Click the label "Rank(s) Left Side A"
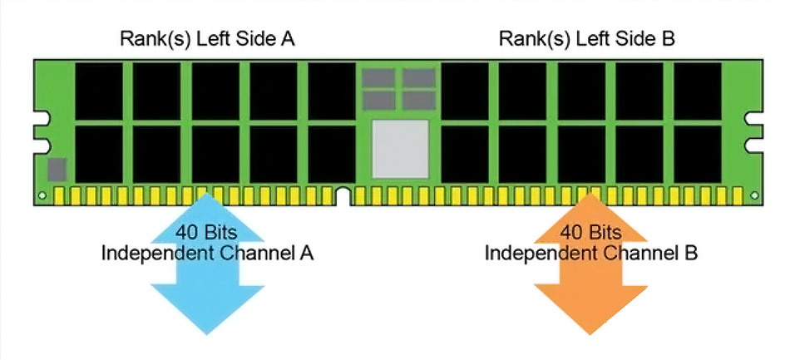click(x=207, y=39)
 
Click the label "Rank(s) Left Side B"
click(x=586, y=39)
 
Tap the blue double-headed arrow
click(x=207, y=264)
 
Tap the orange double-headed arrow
click(x=590, y=264)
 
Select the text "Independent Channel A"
click(x=207, y=253)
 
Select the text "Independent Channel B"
click(x=591, y=253)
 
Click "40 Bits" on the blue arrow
click(x=206, y=233)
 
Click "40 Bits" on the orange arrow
click(x=590, y=233)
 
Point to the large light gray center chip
click(x=401, y=149)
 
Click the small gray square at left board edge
click(x=57, y=170)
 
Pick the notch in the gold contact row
click(x=343, y=196)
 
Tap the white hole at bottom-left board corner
click(x=42, y=195)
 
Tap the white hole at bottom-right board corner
click(x=754, y=195)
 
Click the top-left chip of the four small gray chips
click(x=378, y=78)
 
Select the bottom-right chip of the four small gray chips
click(x=418, y=101)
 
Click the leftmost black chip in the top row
click(x=99, y=91)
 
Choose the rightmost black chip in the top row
click(x=698, y=91)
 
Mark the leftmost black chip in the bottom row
click(x=99, y=154)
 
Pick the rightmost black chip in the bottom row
click(x=698, y=154)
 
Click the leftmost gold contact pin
click(x=59, y=196)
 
